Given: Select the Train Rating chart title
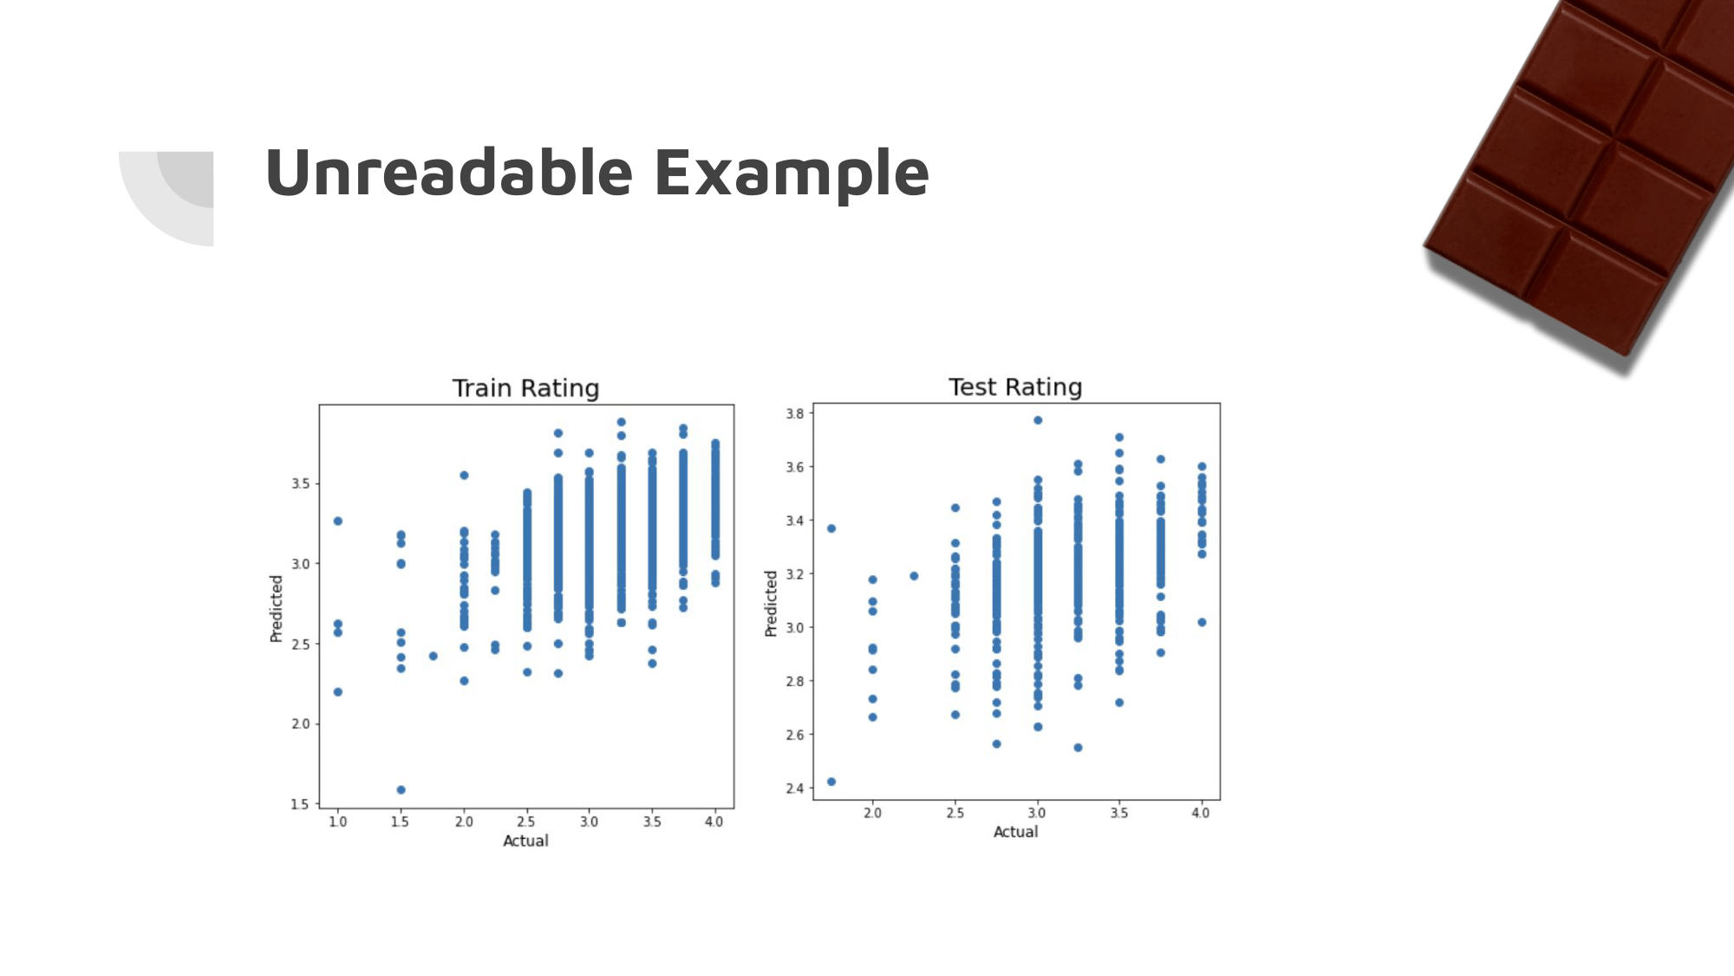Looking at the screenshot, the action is [x=525, y=388].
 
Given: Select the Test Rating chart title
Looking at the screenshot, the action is [x=1015, y=387].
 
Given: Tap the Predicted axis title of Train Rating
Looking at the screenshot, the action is [x=277, y=608].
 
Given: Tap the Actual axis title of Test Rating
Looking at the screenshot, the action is [x=1015, y=831].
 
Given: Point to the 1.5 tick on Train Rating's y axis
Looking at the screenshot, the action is [x=299, y=804].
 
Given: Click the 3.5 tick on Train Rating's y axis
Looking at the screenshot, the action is [x=299, y=483].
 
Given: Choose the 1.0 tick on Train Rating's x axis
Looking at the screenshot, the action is [x=337, y=822].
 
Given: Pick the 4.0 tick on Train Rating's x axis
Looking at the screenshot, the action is [x=714, y=822].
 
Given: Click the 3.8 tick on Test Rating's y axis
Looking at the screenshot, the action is [x=794, y=413].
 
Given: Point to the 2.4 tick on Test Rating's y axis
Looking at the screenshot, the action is [x=794, y=788].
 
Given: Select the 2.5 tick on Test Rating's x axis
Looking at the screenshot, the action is [x=955, y=813].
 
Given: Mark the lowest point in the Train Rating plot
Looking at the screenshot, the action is [x=401, y=789].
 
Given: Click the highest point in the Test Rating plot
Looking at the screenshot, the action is [x=1038, y=420].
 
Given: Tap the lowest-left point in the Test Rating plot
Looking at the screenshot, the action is [x=831, y=782].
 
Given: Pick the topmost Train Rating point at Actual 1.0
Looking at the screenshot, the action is [x=338, y=521].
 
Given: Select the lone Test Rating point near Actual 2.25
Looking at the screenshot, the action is [x=914, y=576].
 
